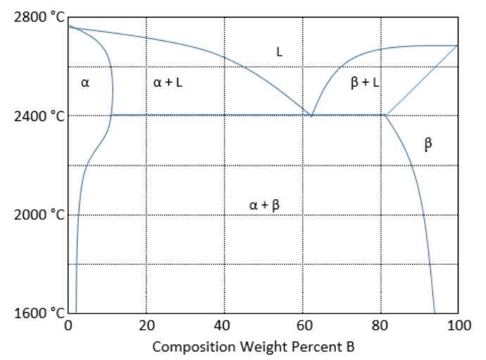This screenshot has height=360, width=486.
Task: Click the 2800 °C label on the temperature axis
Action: pyautogui.click(x=39, y=18)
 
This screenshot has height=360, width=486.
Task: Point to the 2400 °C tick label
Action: pyautogui.click(x=39, y=116)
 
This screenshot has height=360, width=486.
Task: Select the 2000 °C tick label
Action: pyautogui.click(x=39, y=214)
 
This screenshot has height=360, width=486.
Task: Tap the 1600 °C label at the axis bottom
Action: pyautogui.click(x=39, y=313)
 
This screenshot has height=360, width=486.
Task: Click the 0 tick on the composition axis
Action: pyautogui.click(x=68, y=325)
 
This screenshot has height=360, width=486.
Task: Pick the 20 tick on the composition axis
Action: pyautogui.click(x=146, y=325)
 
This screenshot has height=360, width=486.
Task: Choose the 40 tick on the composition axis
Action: pyautogui.click(x=224, y=325)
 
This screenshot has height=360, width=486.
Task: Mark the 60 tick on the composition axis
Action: pyautogui.click(x=302, y=325)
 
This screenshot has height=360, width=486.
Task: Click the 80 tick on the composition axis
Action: pyautogui.click(x=380, y=325)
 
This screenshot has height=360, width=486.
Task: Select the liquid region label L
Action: pyautogui.click(x=280, y=51)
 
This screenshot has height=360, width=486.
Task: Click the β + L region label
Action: pyautogui.click(x=365, y=83)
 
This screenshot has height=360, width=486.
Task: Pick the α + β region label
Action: pyautogui.click(x=264, y=205)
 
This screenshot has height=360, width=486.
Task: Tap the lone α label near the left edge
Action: pyautogui.click(x=85, y=83)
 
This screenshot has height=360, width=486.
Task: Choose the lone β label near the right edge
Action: pyautogui.click(x=428, y=144)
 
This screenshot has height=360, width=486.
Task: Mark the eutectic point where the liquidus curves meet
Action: pyautogui.click(x=311, y=115)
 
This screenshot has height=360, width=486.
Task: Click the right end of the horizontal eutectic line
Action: pyautogui.click(x=385, y=115)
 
